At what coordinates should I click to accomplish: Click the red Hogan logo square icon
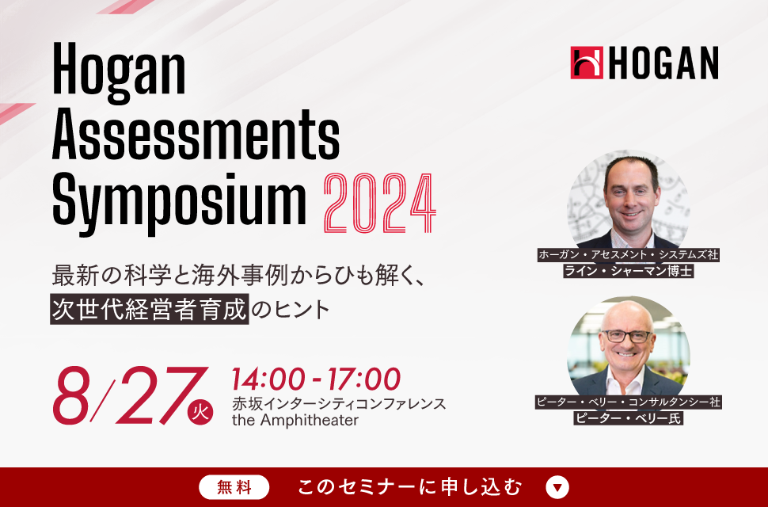pos(587,63)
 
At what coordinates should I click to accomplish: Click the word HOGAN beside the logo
pos(663,63)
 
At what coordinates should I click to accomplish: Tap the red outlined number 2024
pos(379,204)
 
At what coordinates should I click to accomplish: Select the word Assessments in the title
pos(196,134)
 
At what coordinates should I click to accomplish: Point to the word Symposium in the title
pos(179,202)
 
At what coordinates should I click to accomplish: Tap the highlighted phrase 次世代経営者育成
pos(150,309)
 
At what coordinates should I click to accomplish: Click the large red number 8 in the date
pos(71,395)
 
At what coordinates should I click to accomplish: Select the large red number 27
pos(162,395)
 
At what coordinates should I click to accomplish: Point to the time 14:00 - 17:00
pos(316,379)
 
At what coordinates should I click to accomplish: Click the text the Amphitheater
pos(295,421)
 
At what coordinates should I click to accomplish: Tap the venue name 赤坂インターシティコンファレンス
pos(339,404)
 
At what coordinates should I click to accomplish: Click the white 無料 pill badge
pos(234,487)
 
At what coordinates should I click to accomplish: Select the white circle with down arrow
pos(557,487)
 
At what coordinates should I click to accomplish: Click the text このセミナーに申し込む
pos(410,487)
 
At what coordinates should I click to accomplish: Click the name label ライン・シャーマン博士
pos(629,271)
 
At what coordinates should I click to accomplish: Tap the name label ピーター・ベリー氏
pos(629,418)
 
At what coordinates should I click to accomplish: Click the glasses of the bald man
pos(627,336)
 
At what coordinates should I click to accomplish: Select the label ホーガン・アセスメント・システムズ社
pos(629,255)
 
